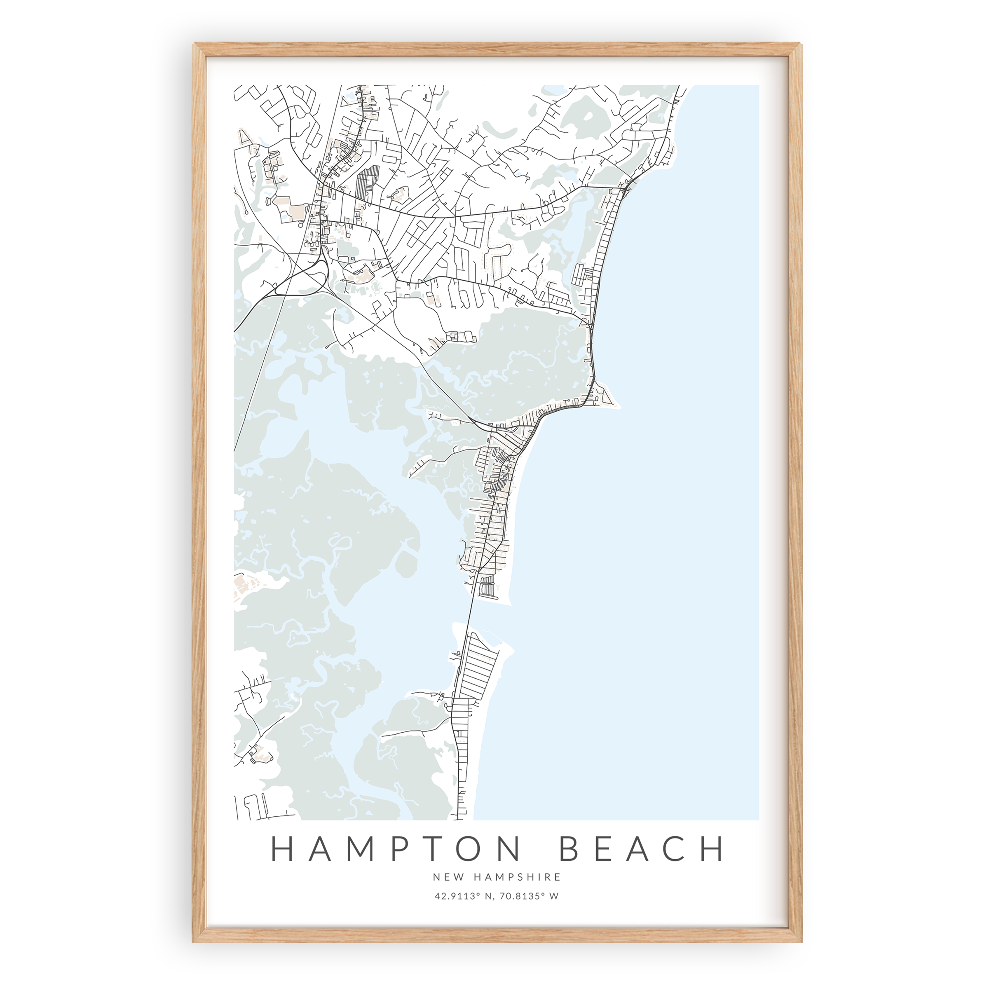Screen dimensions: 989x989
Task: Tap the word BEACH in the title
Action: (642, 849)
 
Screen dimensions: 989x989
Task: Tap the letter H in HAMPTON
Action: (281, 849)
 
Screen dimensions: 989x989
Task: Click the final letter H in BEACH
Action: (712, 849)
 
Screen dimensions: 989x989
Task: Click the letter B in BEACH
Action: (570, 849)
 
